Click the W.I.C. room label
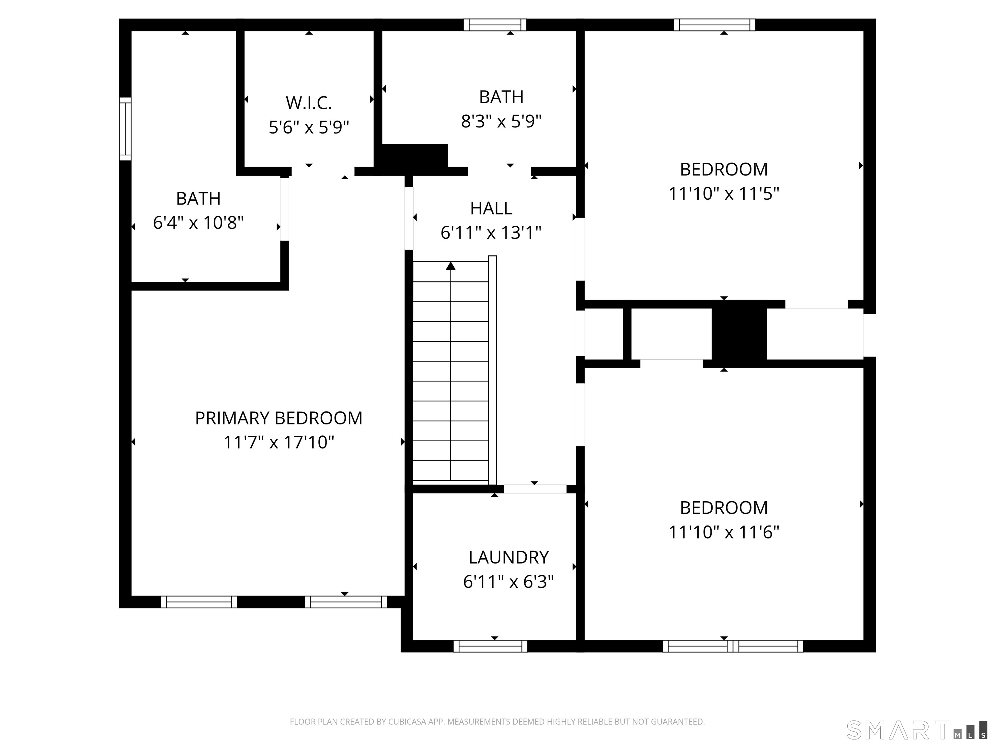[x=309, y=103]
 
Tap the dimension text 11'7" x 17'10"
[x=279, y=442]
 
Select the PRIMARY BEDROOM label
[x=279, y=418]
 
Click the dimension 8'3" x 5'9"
[x=501, y=121]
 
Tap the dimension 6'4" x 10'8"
[x=198, y=222]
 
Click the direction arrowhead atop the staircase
[x=451, y=266]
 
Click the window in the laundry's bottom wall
[x=490, y=646]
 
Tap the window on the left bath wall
[x=125, y=129]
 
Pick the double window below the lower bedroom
[x=733, y=646]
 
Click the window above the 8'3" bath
[x=495, y=25]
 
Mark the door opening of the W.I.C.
[x=323, y=172]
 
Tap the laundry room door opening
[x=534, y=489]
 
